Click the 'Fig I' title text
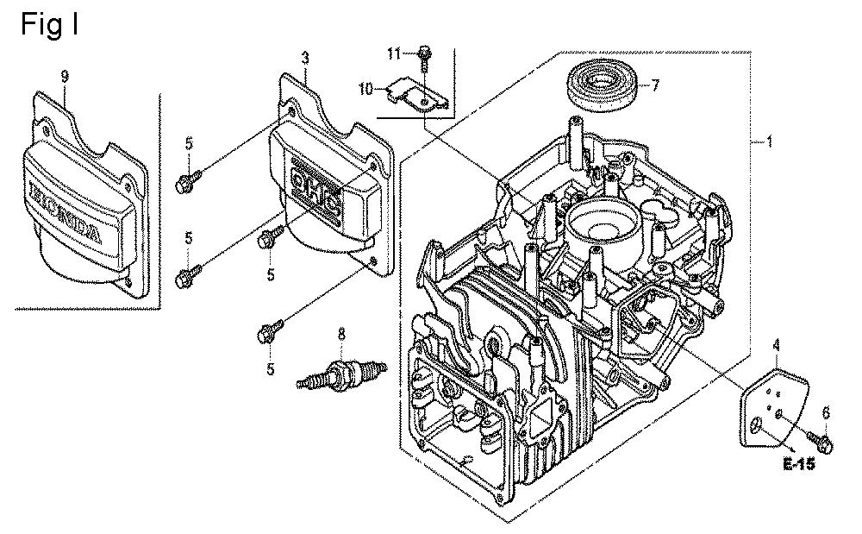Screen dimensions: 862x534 click(x=49, y=25)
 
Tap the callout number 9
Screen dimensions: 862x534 click(x=65, y=77)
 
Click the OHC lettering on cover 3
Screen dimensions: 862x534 click(x=315, y=193)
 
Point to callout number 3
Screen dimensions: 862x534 click(x=305, y=58)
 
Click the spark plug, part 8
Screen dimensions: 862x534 click(x=340, y=374)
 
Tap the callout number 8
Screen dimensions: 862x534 click(x=341, y=335)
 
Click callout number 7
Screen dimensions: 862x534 click(x=655, y=85)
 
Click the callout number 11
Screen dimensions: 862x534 click(x=394, y=53)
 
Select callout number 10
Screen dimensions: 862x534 click(x=366, y=89)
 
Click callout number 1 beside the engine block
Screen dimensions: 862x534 click(x=770, y=141)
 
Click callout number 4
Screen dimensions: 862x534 click(x=777, y=346)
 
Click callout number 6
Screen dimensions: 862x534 click(x=825, y=412)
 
